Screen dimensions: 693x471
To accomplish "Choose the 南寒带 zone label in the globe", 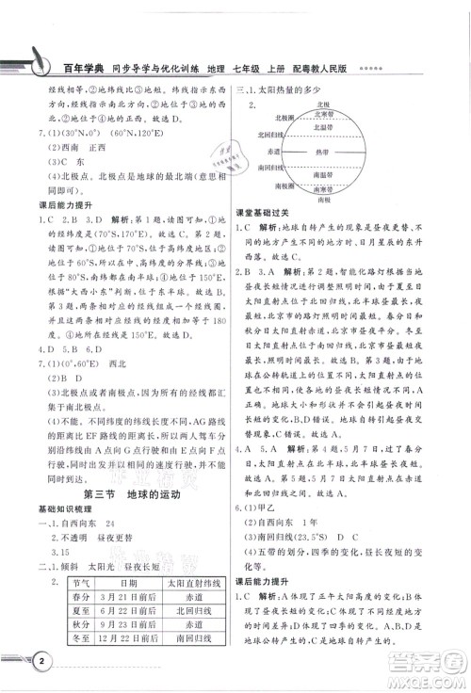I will tap(321, 189).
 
